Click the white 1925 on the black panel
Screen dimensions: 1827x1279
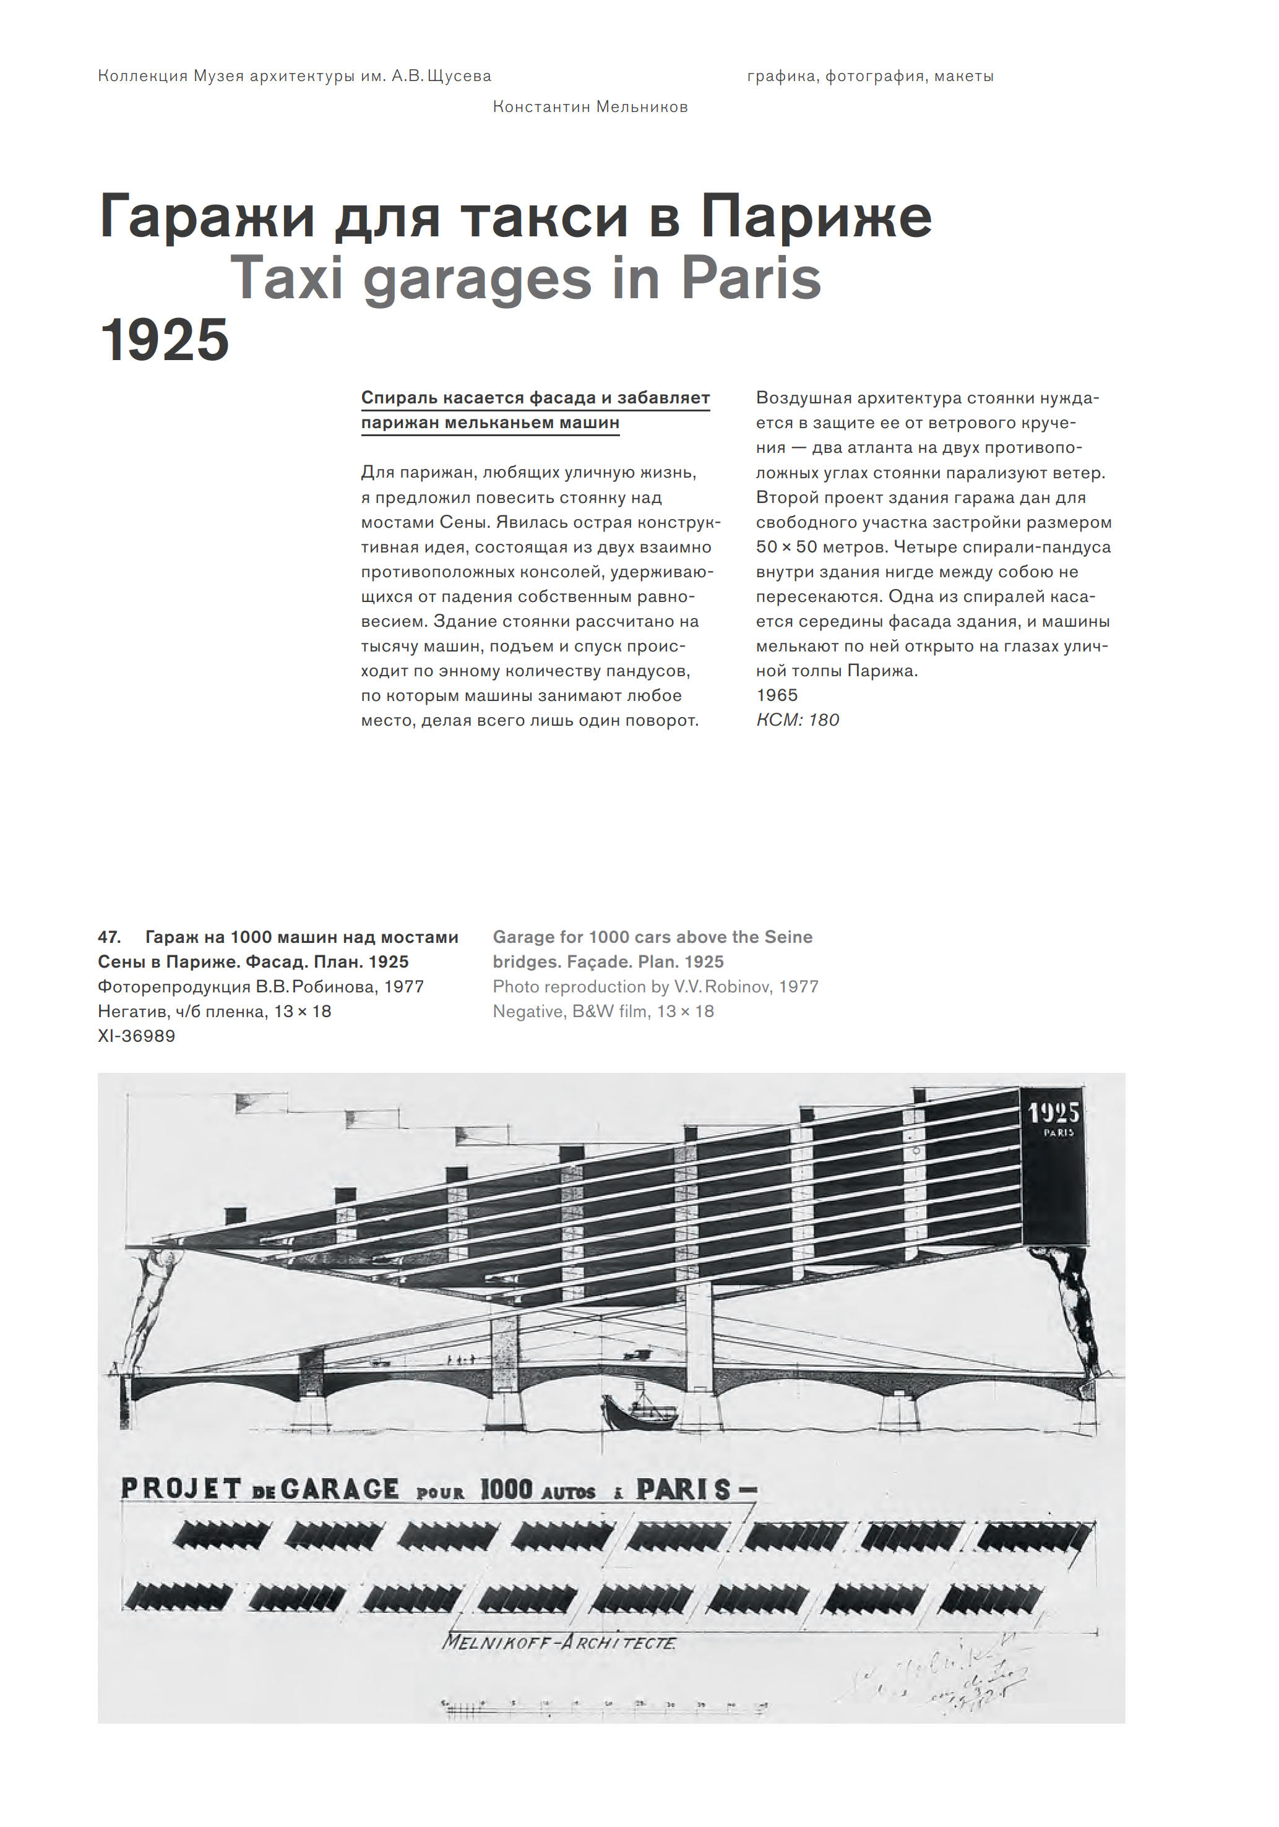(1053, 1112)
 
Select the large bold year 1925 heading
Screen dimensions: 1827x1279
(165, 340)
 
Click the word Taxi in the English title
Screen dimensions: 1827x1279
(286, 278)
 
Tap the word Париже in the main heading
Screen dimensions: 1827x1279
(816, 217)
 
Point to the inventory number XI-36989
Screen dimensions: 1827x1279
(136, 1036)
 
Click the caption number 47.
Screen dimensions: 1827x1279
(109, 937)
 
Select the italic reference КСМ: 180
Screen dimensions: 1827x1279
(798, 720)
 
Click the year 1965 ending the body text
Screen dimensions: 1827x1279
(777, 695)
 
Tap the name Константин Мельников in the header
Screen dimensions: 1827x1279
(590, 106)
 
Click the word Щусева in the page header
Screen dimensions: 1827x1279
(459, 76)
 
